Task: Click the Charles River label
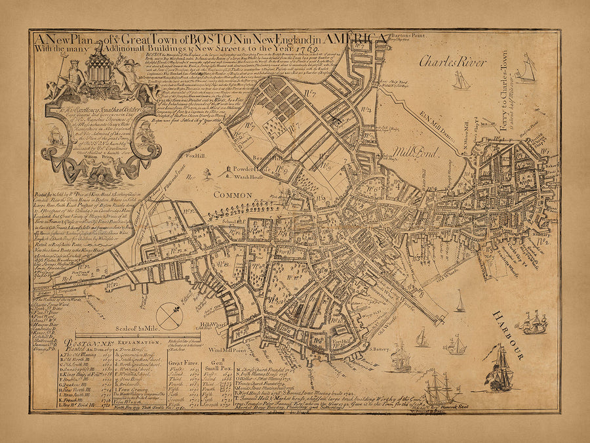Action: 453,63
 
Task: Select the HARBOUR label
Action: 508,335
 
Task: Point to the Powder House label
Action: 238,168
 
